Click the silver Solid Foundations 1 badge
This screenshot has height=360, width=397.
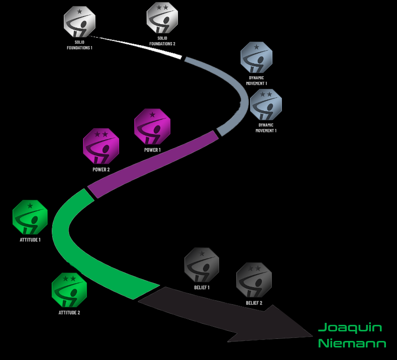(79, 22)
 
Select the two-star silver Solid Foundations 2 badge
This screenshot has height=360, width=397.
(162, 18)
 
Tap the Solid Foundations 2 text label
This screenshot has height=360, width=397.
(162, 41)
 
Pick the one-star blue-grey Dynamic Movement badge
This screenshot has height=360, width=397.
(256, 57)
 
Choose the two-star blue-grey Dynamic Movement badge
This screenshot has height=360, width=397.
(266, 104)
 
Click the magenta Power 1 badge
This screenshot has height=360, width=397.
(152, 127)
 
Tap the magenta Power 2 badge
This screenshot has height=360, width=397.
(101, 146)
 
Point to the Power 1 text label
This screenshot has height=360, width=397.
(152, 150)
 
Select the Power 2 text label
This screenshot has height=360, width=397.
(101, 170)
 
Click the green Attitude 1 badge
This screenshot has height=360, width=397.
(30, 217)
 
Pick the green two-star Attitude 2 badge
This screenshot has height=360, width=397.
(69, 290)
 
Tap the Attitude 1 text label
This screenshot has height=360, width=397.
(30, 240)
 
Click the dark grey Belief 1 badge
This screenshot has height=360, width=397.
(202, 265)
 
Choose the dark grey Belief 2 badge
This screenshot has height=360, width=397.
(254, 280)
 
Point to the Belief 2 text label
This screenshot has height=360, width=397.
(254, 303)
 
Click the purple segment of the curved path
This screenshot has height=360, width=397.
(151, 163)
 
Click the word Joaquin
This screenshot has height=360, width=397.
(350, 328)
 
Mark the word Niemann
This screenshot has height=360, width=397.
(352, 344)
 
